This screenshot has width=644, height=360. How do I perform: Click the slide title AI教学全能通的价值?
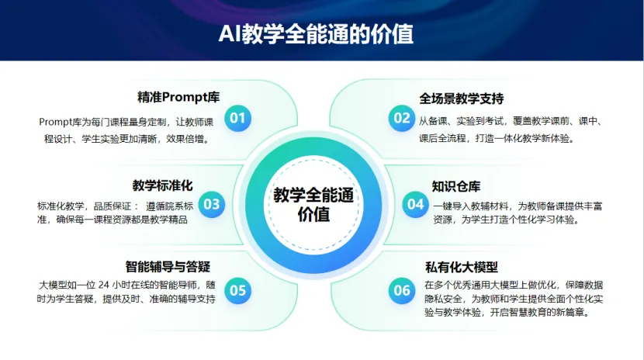click(x=316, y=33)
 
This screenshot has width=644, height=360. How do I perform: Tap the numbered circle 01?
click(x=237, y=118)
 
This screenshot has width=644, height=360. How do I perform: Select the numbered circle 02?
click(x=402, y=118)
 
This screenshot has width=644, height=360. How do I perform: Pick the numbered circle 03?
click(x=212, y=204)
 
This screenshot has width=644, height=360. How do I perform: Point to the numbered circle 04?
click(x=415, y=204)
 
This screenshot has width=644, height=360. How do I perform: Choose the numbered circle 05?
click(x=237, y=291)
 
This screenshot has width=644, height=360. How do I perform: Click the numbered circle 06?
click(x=402, y=291)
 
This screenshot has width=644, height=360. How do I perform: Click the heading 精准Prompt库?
click(x=178, y=97)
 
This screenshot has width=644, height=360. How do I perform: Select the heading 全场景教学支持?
click(x=461, y=99)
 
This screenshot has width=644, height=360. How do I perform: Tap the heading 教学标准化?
click(x=162, y=185)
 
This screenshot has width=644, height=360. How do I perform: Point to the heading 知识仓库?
click(x=456, y=186)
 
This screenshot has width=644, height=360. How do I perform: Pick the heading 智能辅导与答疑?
click(x=168, y=266)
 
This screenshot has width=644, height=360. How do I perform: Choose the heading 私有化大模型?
click(x=461, y=267)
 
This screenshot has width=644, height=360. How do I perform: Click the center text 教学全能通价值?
click(x=313, y=204)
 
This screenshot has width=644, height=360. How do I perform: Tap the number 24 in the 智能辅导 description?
click(x=104, y=285)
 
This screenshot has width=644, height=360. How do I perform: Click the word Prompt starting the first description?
click(x=55, y=122)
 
